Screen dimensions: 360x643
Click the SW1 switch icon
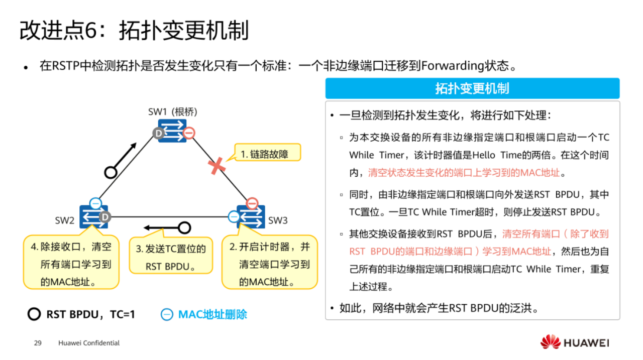pos(172,130)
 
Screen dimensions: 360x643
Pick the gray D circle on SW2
pos(104,217)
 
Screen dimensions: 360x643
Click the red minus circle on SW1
pos(188,133)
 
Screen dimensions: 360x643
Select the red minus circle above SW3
pos(252,203)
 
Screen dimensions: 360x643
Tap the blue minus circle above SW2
pos(95,203)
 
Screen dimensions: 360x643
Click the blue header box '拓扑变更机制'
pos(472,89)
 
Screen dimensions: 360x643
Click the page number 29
pos(37,343)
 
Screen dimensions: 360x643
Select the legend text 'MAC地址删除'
pos(212,315)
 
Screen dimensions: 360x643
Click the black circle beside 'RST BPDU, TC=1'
pos(34,315)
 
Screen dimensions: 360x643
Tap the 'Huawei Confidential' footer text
pos(89,343)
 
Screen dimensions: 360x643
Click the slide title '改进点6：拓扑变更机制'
pos(134,31)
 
